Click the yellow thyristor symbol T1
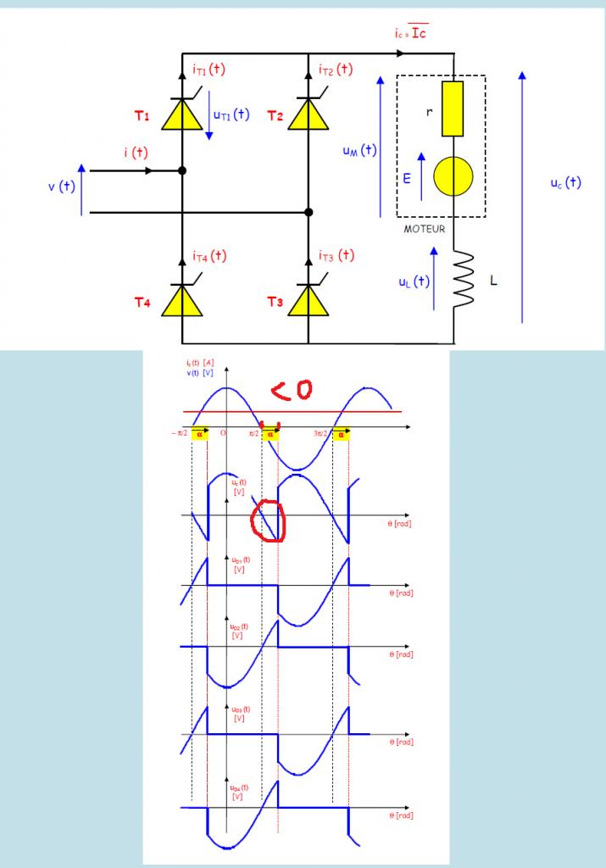(183, 114)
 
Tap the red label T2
(274, 116)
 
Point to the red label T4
(142, 305)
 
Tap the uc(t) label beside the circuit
(564, 181)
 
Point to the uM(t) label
(359, 151)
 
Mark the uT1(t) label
(231, 114)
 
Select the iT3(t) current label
(336, 255)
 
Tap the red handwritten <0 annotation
(292, 389)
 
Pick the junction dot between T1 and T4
(183, 170)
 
